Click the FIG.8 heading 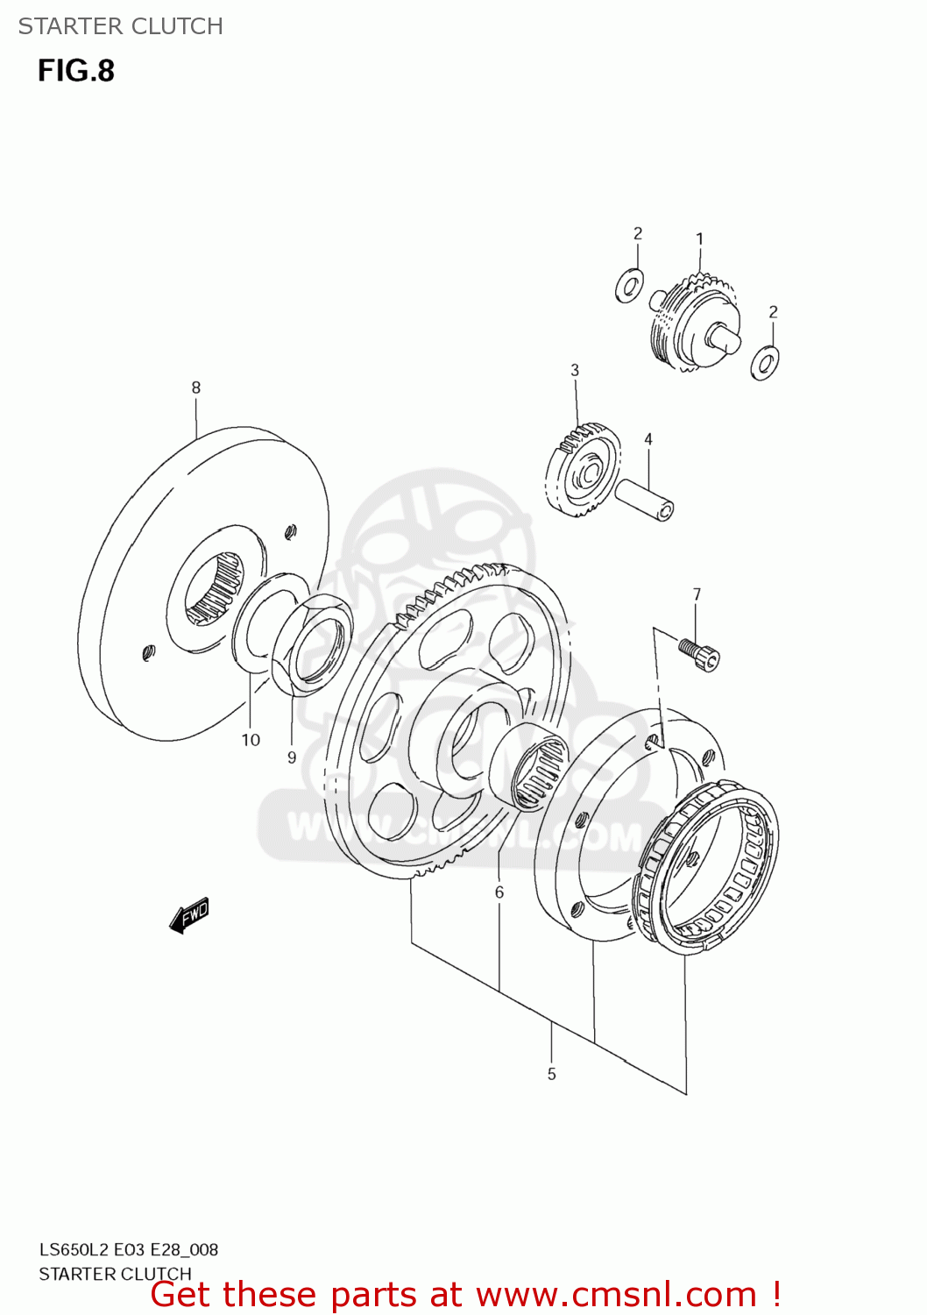75,71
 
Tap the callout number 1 699,238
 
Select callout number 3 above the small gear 575,370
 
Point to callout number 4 648,439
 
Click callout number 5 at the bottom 551,1074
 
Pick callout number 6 499,892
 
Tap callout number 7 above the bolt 697,594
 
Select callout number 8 195,387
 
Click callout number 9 292,757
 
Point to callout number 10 251,740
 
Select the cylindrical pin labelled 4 644,500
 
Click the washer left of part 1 629,286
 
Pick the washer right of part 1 765,362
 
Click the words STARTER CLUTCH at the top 121,26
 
